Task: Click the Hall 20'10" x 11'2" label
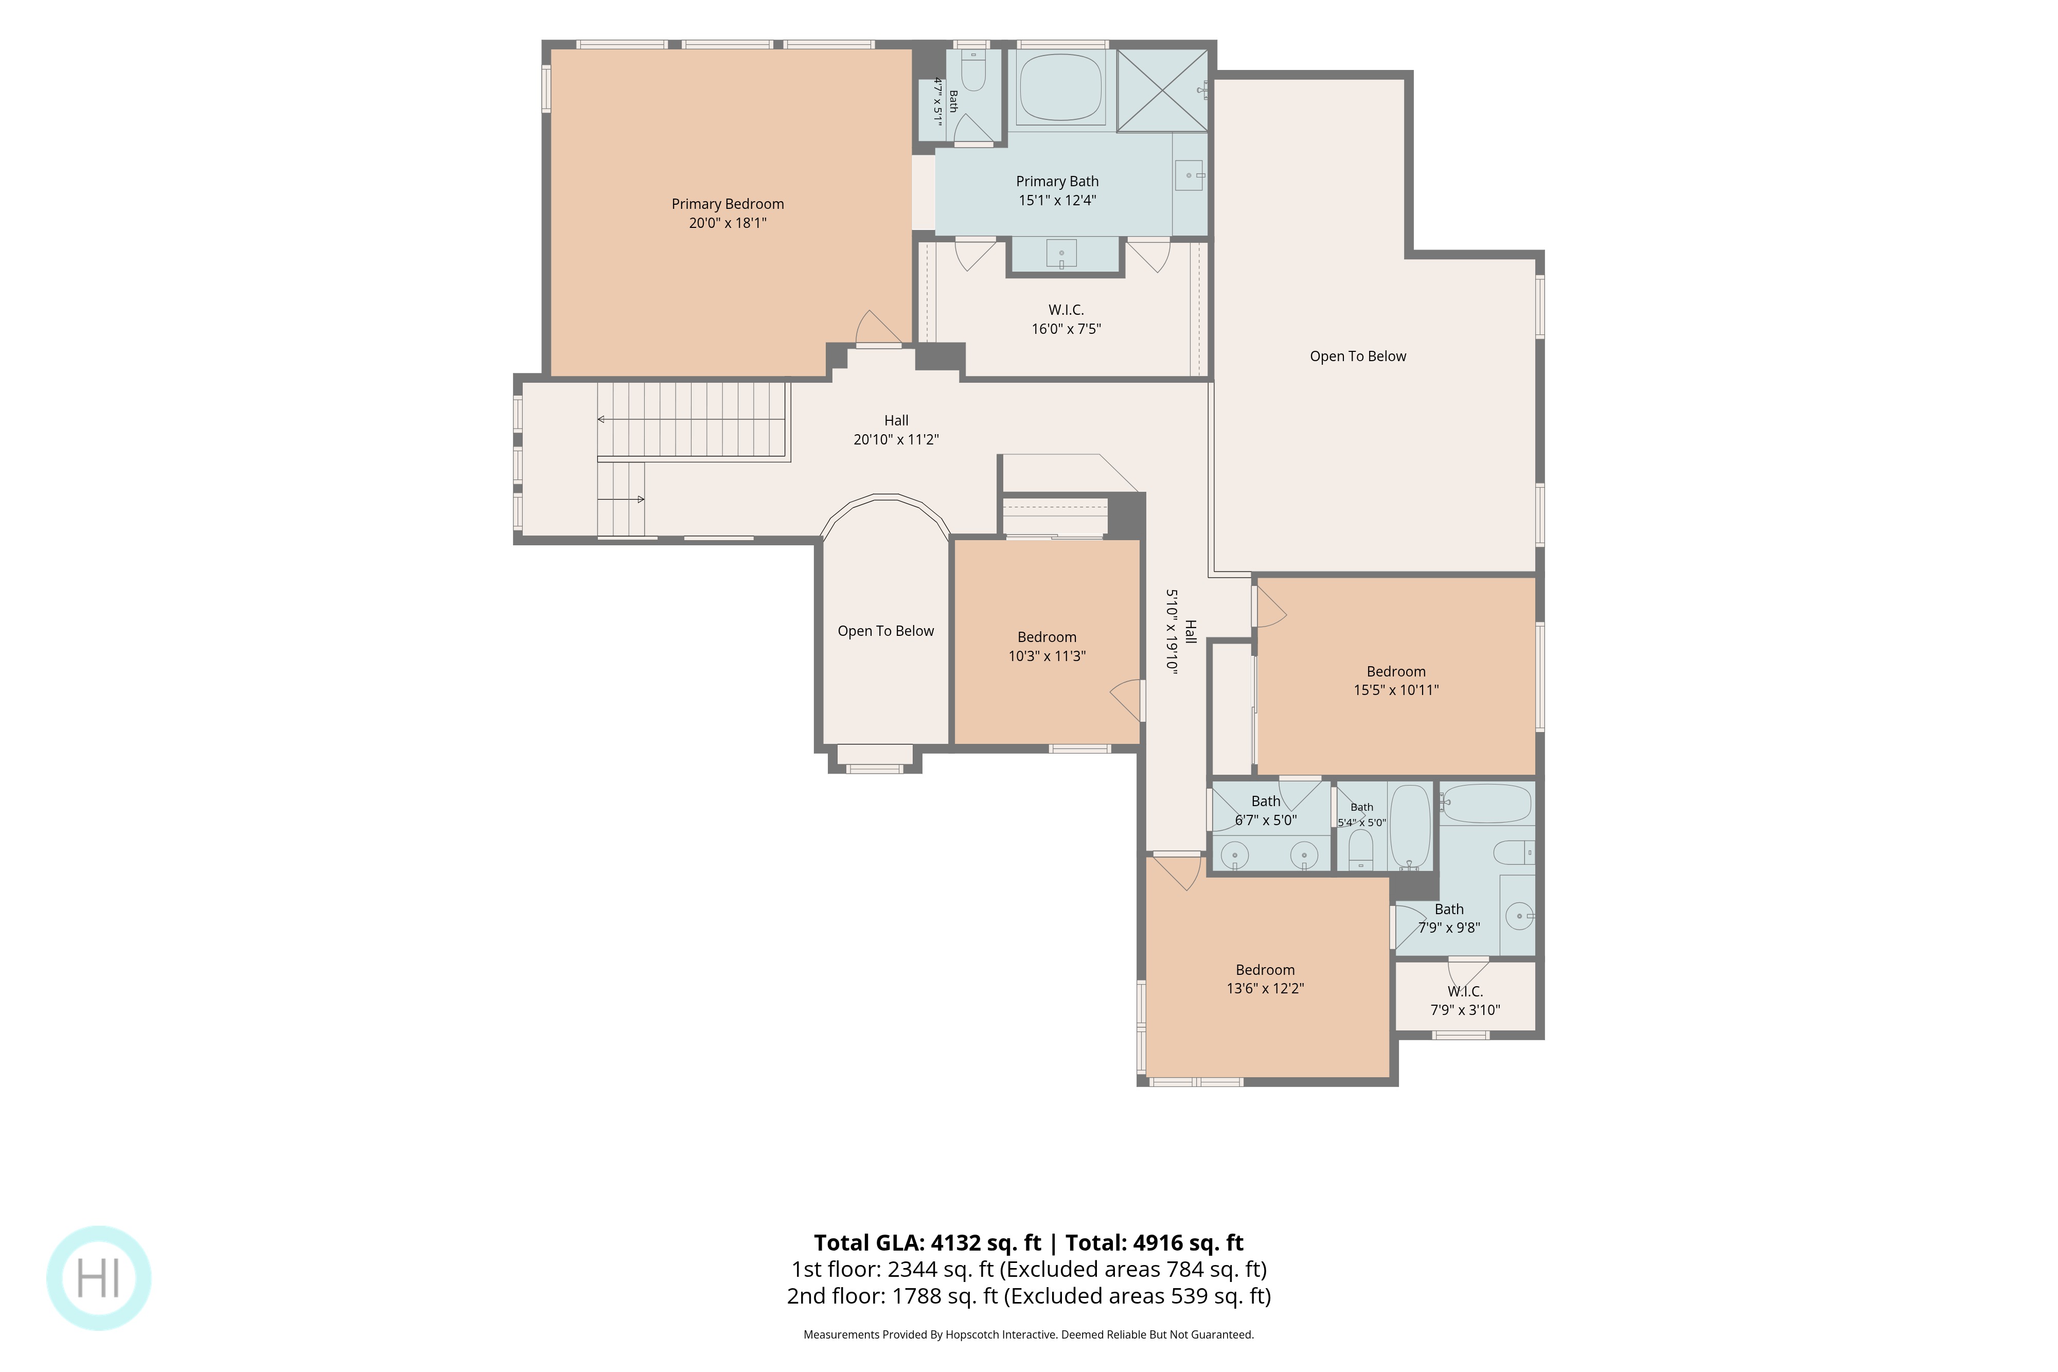coord(896,430)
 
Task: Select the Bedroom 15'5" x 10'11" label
coord(1396,681)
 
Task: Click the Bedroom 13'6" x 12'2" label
coord(1265,979)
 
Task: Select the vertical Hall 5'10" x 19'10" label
coord(1180,631)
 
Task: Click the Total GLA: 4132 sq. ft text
coord(928,1242)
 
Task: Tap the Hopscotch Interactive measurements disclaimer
coord(1029,1334)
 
